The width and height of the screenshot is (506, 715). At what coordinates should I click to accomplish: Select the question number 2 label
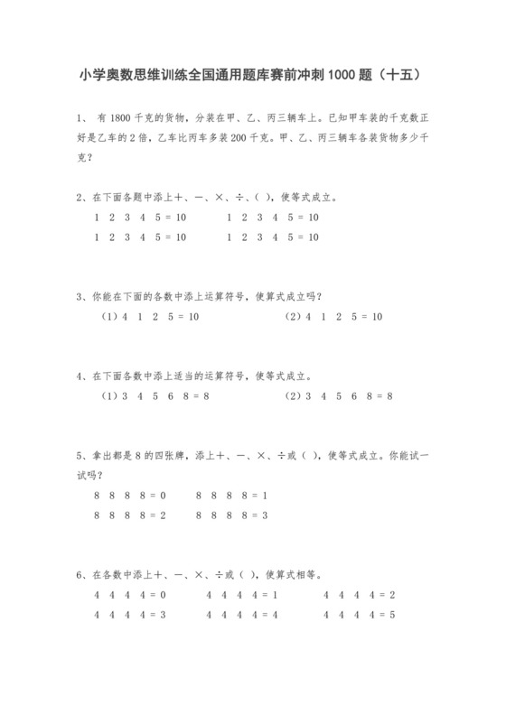coord(80,197)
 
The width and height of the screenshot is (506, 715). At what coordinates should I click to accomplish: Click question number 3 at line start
coord(80,295)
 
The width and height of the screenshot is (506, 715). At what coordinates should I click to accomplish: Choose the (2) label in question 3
coord(294,317)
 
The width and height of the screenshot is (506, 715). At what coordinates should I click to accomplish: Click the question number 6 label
coord(80,573)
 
